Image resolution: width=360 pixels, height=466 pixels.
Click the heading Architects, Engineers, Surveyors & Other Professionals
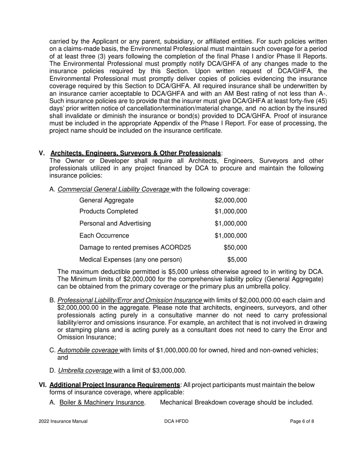136,153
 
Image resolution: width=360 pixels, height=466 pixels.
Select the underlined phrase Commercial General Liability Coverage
114,189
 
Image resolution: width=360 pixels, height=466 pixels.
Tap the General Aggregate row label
106,200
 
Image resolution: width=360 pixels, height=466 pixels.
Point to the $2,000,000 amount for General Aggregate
230,200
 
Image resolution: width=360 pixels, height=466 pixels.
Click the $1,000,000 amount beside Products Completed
230,211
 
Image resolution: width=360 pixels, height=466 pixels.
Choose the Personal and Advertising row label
115,223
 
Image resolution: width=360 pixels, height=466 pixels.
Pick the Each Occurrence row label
104,235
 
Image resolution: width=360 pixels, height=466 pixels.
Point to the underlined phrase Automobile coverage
88,350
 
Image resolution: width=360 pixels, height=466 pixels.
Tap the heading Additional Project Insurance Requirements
114,385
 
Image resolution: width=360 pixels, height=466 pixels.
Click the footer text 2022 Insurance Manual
63,421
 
